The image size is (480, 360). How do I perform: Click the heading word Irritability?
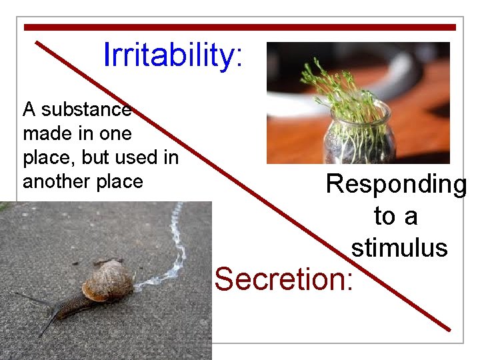tap(167, 55)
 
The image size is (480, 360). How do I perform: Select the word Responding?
tap(396, 185)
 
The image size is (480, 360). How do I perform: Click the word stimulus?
tap(399, 248)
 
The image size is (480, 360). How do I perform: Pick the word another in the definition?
tap(55, 181)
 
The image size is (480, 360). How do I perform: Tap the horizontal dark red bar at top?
tap(240, 27)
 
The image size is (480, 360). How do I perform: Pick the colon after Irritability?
tap(238, 59)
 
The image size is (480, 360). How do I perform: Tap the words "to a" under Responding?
tap(395, 217)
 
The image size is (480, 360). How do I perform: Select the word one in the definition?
tap(117, 133)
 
